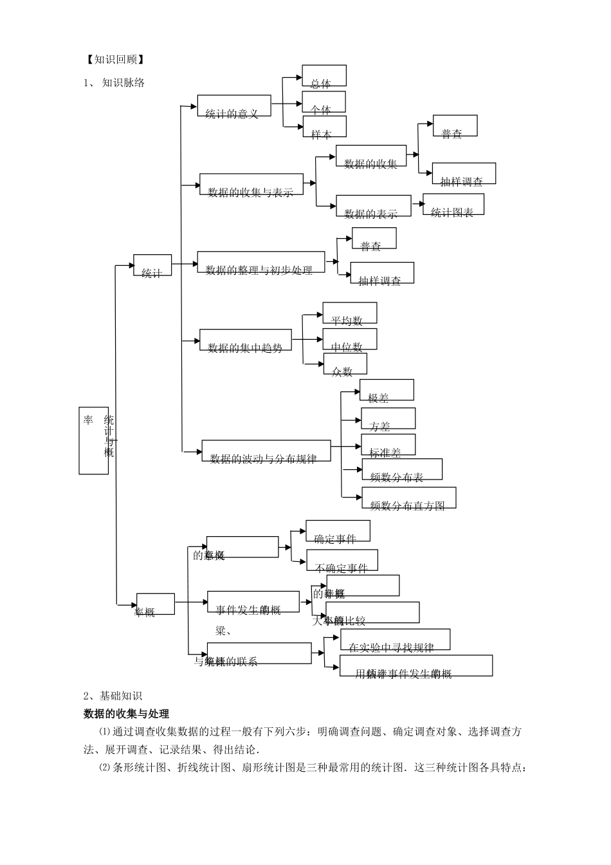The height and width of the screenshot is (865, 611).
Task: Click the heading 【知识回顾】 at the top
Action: point(114,60)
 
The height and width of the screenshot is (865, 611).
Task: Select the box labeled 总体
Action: point(324,76)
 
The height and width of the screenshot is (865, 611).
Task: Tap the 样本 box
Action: point(324,127)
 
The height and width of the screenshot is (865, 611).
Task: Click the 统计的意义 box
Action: point(233,106)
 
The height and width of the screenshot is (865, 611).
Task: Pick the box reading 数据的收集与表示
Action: point(251,185)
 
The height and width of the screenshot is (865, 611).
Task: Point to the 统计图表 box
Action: point(453,205)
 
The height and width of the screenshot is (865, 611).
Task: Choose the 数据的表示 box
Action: point(373,206)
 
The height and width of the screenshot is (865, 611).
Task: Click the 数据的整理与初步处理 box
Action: point(260,263)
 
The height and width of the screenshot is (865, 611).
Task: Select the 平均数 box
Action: point(349,313)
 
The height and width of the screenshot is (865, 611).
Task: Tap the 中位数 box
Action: point(349,339)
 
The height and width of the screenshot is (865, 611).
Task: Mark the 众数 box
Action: point(344,364)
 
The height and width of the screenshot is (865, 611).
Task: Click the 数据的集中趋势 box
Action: point(245,340)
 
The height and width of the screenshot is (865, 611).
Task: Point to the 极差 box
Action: point(386,390)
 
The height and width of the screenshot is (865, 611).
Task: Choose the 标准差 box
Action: point(388,445)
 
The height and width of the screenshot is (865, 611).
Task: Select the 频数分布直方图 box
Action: point(408,498)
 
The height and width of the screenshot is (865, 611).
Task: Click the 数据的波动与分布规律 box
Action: point(266,451)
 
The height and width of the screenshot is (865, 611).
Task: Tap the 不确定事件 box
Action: point(342,561)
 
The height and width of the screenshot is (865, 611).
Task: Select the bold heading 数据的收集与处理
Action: point(127,714)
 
